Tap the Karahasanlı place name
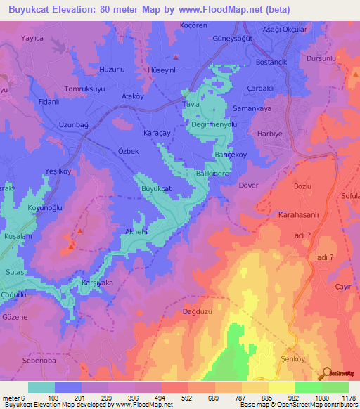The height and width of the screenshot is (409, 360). [299, 215]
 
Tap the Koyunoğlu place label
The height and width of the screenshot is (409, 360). [45, 207]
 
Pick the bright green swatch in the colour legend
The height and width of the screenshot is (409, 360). [308, 387]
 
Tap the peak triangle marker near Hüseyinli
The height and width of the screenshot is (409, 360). [176, 58]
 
